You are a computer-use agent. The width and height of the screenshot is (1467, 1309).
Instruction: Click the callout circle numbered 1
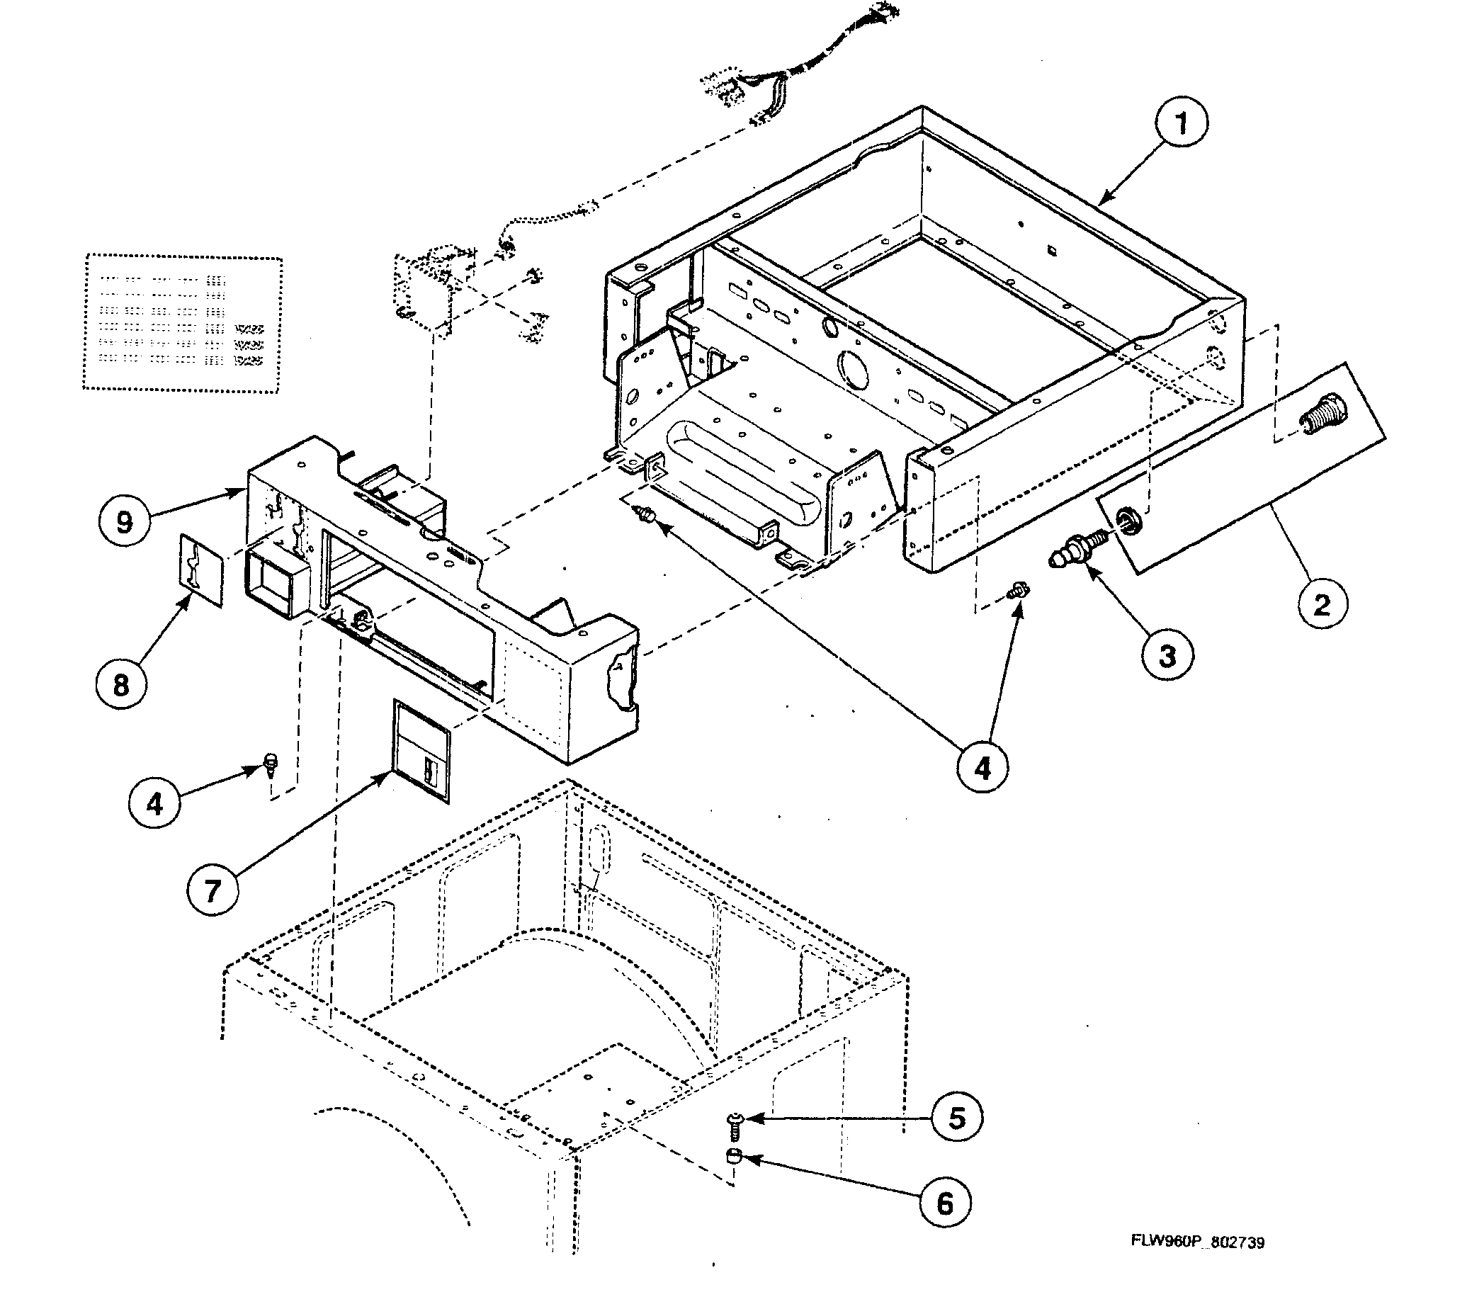[1182, 124]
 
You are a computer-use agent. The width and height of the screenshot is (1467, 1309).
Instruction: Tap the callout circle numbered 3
[1167, 655]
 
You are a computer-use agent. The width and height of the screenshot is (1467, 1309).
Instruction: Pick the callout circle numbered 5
[956, 1118]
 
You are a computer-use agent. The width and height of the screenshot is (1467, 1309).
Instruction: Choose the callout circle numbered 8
[121, 685]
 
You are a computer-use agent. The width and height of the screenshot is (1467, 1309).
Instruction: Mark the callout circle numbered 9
[125, 521]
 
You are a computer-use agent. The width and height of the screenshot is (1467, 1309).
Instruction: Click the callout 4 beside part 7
[154, 803]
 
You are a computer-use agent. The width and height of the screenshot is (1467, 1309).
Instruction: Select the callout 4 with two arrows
[982, 769]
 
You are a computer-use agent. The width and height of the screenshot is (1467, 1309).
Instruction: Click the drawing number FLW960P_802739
[1197, 1242]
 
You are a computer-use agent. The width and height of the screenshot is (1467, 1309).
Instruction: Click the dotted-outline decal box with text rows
[182, 323]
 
